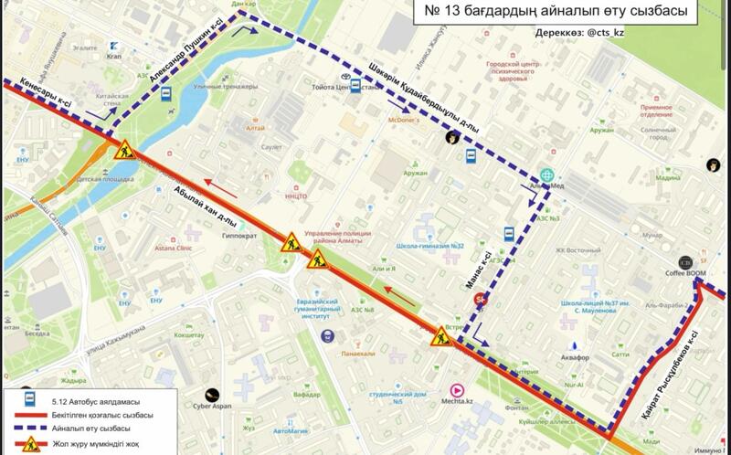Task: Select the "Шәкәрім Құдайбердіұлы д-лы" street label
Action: point(422,98)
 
